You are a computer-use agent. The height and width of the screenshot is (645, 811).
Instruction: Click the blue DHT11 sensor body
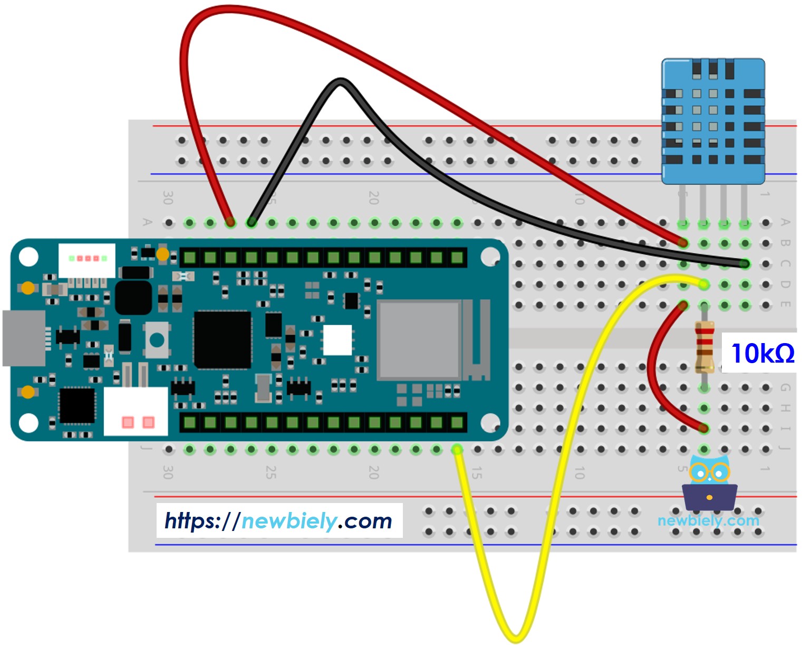coord(713,121)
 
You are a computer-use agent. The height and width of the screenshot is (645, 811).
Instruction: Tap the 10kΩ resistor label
coord(762,353)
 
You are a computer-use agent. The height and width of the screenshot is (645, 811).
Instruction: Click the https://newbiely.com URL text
coord(278,521)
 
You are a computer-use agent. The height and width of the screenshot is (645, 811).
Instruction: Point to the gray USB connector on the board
coord(24,338)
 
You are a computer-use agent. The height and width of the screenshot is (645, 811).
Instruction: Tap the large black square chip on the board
coord(223,339)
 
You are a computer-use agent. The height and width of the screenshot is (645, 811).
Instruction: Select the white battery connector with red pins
coord(136,412)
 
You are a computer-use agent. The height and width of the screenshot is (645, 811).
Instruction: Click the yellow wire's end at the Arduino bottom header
coord(457,450)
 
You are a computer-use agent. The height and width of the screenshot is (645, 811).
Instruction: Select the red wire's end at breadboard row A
coord(230,222)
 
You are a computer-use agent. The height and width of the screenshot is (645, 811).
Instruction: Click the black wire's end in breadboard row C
coord(744,263)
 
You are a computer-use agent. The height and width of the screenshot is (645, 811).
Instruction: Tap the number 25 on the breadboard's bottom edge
coord(271,472)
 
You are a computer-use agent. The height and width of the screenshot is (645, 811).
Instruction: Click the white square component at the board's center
coord(337,340)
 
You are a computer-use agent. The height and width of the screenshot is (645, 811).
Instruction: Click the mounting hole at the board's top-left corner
coord(28,257)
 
